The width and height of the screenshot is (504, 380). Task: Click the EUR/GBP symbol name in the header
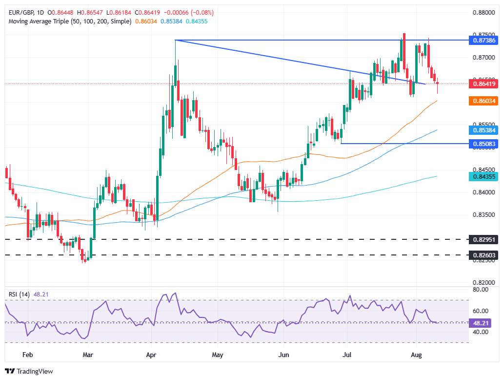[x=20, y=12]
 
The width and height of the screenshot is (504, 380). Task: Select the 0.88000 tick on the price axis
[x=482, y=13]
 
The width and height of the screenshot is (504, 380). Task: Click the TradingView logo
[x=29, y=371]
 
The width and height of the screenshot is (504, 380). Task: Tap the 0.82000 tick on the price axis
[x=482, y=283]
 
